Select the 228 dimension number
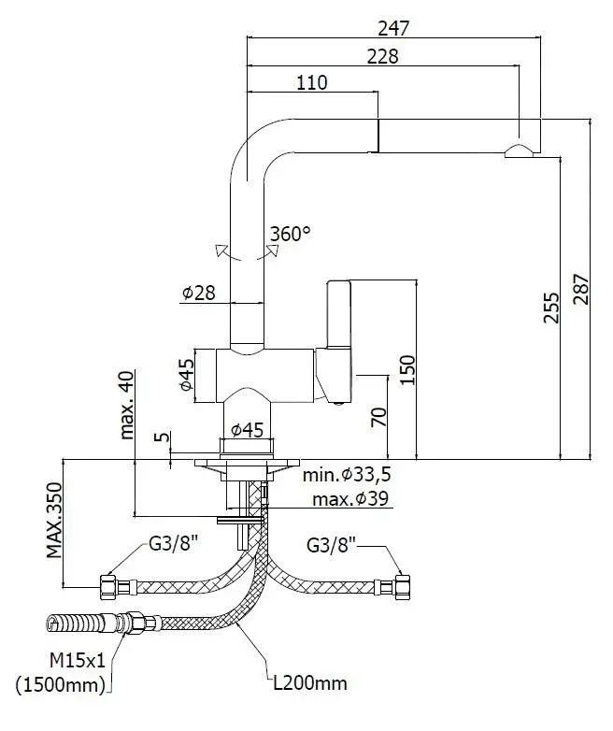coord(383,57)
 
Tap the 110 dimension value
coord(312,82)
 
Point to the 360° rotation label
coord(290,234)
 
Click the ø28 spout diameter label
coord(199,293)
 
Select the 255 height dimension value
coord(550,308)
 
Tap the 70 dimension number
coord(378,417)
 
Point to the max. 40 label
coord(128,404)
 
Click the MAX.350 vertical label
coord(57,521)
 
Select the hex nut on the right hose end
coord(405,587)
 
